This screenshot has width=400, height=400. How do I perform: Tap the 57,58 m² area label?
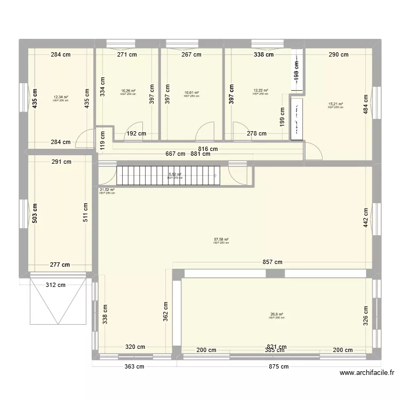tap(221, 240)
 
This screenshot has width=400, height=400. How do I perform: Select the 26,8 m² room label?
tap(277, 315)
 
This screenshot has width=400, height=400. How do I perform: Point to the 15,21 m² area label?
tap(335, 105)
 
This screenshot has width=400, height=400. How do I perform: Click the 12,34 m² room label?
tap(60, 98)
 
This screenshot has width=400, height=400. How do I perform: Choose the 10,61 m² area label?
tap(191, 93)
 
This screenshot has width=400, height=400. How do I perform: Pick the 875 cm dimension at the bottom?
tap(278, 366)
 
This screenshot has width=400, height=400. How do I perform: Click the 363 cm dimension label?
tap(134, 366)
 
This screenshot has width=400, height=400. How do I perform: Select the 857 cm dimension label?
tap(272, 262)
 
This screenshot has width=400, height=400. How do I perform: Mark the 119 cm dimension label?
tap(102, 142)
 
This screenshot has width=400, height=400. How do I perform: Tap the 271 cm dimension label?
tap(127, 54)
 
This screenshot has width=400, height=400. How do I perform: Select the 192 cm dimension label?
tap(137, 134)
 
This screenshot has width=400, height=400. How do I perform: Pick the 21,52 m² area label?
tap(107, 189)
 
